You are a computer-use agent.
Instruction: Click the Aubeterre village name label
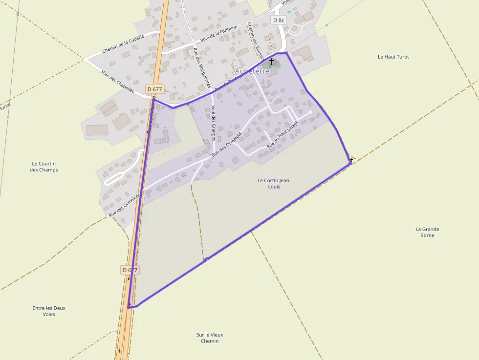[x=252, y=71]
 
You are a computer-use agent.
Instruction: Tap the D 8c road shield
[x=278, y=20]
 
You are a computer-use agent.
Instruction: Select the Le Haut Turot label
[x=393, y=57]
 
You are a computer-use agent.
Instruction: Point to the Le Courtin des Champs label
[x=44, y=167]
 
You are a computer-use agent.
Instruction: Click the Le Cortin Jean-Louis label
[x=274, y=183]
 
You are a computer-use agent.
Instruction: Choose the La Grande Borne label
[x=427, y=232]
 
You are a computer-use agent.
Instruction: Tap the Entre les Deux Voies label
[x=49, y=311]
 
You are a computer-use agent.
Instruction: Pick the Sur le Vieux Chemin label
[x=210, y=338]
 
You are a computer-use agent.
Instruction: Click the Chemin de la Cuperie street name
[x=123, y=44]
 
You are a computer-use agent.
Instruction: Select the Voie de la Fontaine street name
[x=219, y=34]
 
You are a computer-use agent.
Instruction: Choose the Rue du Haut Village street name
[x=283, y=134]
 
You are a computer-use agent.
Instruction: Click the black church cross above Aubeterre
[x=272, y=61]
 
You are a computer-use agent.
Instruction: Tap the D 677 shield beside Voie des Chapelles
[x=154, y=89]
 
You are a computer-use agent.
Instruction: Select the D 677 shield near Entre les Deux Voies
[x=130, y=270]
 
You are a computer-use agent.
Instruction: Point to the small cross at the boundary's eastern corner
[x=351, y=160]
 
